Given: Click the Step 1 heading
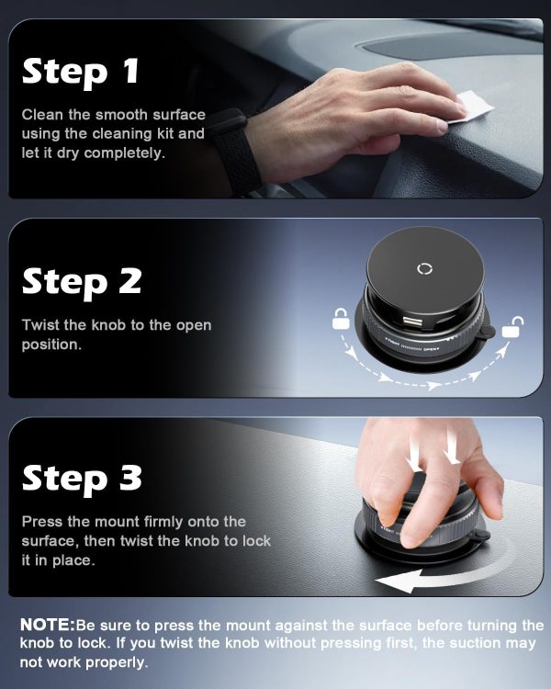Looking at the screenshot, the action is point(81,73).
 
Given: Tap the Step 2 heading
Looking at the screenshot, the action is point(82,283).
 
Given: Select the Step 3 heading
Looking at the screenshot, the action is point(82,479).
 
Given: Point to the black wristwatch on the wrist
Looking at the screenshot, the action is point(234,151).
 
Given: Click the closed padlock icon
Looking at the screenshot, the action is point(341,319).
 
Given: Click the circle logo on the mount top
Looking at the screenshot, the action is point(424,269).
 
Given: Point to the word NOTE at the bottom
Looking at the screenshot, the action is point(48,625).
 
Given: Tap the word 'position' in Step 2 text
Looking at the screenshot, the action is point(51,344).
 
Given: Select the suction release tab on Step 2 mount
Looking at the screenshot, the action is point(486,332).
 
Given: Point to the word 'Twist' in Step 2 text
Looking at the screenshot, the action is point(40,325).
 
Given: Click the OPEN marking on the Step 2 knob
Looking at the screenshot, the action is point(432,350).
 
